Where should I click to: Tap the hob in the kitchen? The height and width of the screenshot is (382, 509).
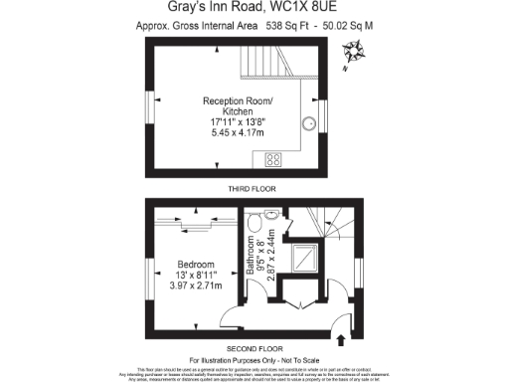pyautogui.click(x=271, y=159)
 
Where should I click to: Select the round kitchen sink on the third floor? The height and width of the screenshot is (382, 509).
pyautogui.click(x=300, y=160)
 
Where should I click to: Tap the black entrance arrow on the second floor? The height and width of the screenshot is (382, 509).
pyautogui.click(x=342, y=340)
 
